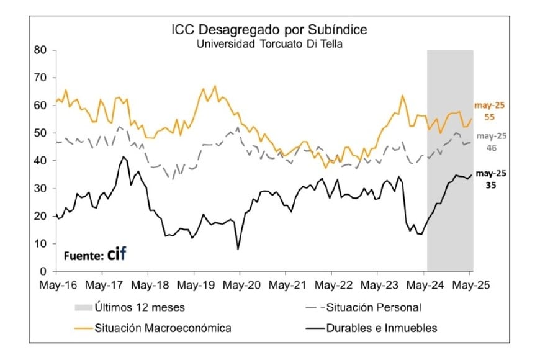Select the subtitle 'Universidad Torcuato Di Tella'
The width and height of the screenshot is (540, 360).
point(269,44)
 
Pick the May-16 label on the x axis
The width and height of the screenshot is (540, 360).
point(56,286)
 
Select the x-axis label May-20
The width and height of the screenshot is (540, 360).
point(240,286)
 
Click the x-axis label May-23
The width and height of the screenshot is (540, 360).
point(378,286)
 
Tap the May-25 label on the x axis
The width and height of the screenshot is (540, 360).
point(470,286)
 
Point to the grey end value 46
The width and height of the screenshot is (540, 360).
point(490,149)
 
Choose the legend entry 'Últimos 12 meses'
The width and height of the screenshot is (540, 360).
point(139,307)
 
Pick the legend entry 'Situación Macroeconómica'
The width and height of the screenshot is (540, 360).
point(163,328)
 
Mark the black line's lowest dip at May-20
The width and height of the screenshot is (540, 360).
point(238,249)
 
